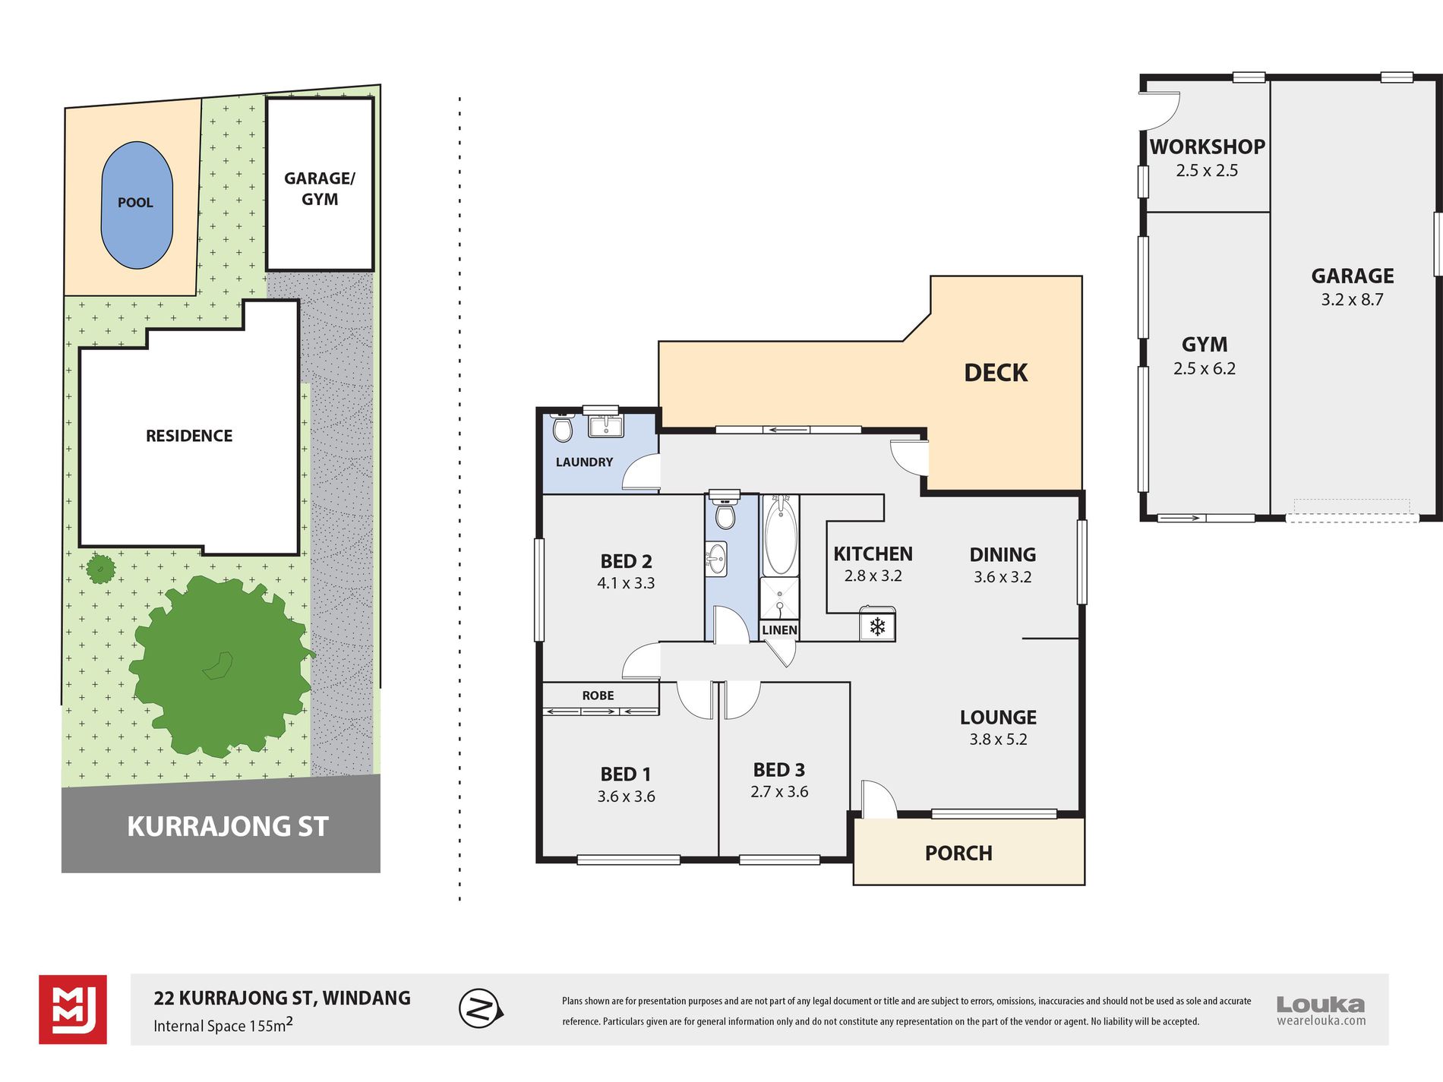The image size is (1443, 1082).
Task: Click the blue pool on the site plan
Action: click(137, 205)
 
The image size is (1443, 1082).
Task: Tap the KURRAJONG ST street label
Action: click(228, 826)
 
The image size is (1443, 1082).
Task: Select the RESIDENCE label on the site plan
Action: click(189, 436)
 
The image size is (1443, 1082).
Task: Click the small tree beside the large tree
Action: click(100, 568)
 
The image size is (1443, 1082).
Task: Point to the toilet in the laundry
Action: click(562, 427)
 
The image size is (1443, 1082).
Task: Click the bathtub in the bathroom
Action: click(780, 535)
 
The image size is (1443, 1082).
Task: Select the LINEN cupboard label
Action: click(779, 630)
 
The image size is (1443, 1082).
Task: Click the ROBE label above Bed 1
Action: click(598, 696)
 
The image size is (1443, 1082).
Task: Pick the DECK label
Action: click(996, 373)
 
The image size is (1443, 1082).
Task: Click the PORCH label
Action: click(958, 853)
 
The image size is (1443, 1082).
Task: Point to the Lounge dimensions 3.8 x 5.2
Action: click(998, 740)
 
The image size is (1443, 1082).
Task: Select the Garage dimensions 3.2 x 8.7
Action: click(1352, 300)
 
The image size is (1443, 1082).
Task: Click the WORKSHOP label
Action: click(1207, 147)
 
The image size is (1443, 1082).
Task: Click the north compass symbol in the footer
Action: click(481, 1009)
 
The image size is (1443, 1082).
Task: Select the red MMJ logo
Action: click(73, 1010)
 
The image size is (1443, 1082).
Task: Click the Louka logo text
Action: click(1321, 1005)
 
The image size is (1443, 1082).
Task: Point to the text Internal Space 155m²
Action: click(223, 1025)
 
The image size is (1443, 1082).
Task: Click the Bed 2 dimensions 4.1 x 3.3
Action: click(626, 583)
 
